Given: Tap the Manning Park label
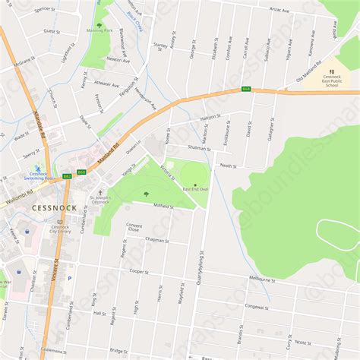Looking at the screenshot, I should [x=99, y=31].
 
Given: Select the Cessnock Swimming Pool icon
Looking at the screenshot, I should [x=37, y=168].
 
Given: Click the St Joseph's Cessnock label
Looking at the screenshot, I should [x=100, y=201].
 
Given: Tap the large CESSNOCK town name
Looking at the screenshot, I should [x=54, y=207].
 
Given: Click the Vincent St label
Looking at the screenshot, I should [x=55, y=270].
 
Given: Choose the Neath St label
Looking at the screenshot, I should [x=229, y=165].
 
